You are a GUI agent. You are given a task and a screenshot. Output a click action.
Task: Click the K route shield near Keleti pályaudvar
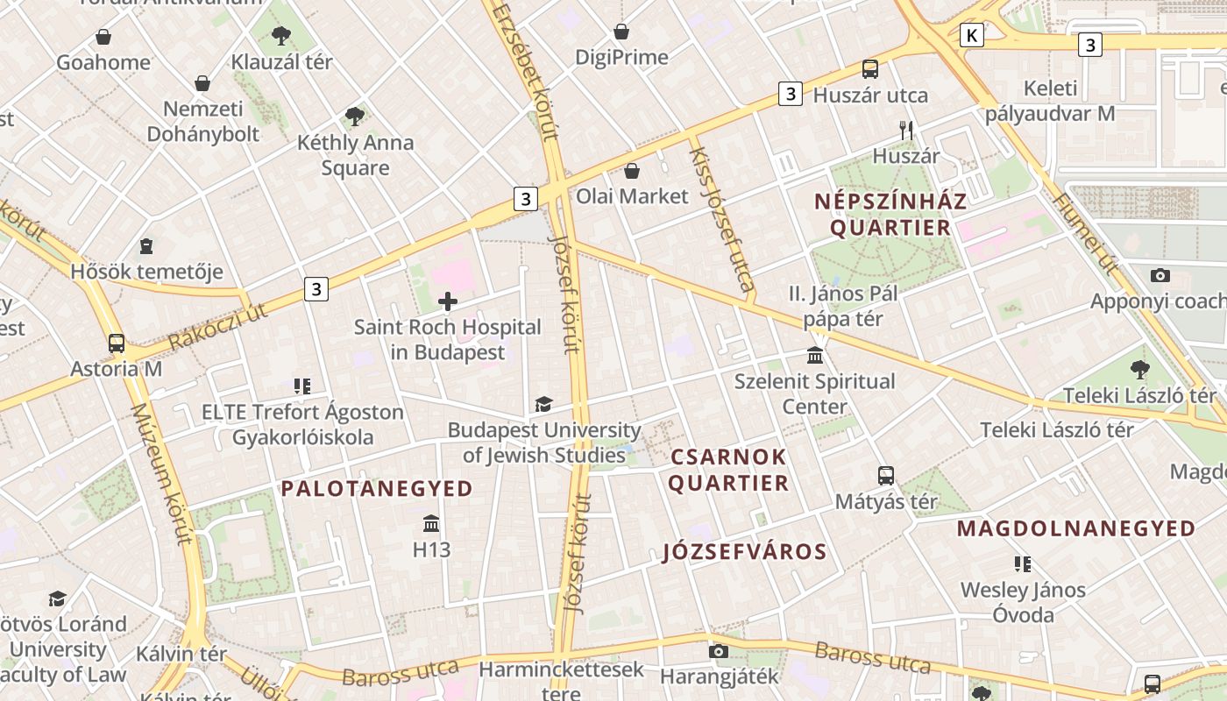pos(971,35)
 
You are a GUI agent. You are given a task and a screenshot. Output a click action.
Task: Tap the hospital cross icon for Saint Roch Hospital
pos(448,302)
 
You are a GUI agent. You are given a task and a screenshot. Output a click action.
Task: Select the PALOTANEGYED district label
pos(377,489)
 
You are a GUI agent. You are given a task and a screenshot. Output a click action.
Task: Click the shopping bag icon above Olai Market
pos(631,171)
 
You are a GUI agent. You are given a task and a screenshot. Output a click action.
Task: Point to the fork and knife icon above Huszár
pos(906,131)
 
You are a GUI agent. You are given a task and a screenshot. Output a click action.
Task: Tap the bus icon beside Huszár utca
pos(870,69)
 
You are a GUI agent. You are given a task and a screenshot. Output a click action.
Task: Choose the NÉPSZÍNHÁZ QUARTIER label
pos(890,215)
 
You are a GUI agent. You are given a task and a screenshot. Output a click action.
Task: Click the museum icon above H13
pos(431,524)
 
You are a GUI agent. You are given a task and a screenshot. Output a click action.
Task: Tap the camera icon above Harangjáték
pos(719,652)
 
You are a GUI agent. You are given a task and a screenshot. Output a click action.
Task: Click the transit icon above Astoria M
pos(117,343)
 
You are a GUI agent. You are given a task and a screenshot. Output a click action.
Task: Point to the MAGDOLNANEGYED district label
pos(1075,528)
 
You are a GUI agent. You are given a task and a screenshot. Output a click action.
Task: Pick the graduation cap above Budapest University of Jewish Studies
pos(544,405)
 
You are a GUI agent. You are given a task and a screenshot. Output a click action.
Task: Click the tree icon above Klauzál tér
pos(281,36)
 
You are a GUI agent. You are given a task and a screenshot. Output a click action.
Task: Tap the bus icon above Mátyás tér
pos(886,476)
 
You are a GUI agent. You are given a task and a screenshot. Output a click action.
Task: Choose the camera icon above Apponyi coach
pos(1160,276)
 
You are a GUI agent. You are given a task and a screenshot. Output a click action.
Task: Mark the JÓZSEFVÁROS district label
pos(745,552)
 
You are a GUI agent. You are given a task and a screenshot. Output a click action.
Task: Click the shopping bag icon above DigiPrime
pos(621,32)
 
